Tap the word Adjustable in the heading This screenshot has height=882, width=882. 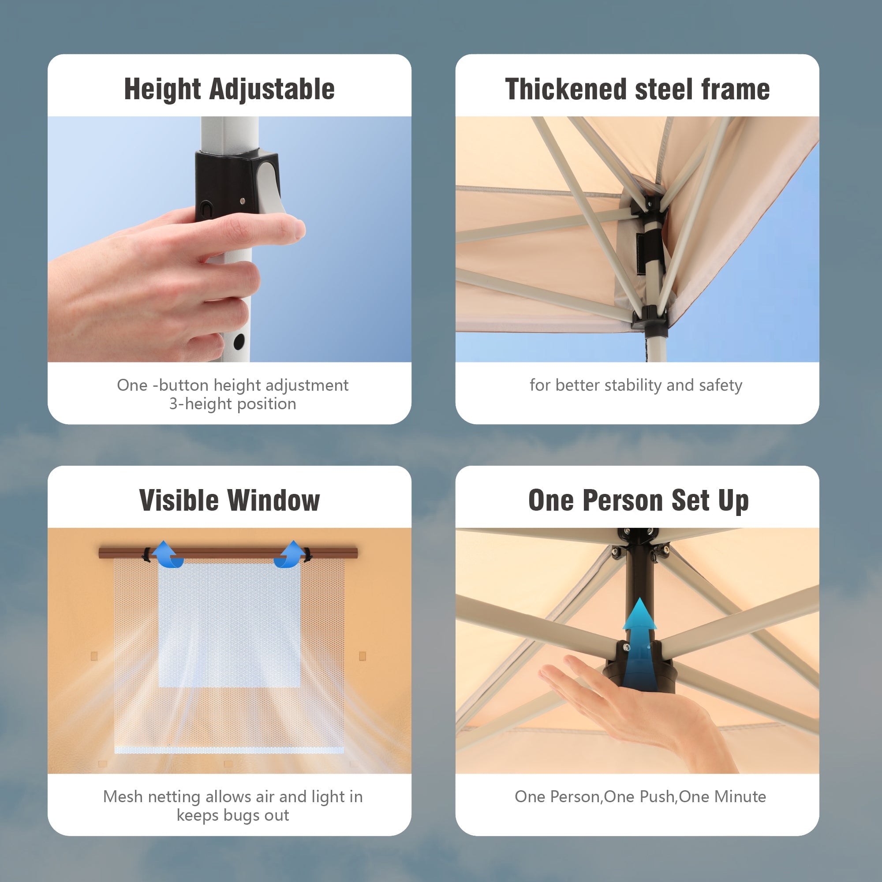[x=272, y=90]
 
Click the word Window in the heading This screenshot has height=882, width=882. [x=274, y=500]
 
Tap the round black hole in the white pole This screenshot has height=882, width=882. [x=239, y=341]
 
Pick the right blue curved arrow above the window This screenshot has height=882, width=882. [x=289, y=554]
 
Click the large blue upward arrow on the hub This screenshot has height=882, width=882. [x=640, y=644]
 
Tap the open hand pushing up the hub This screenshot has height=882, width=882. [x=639, y=712]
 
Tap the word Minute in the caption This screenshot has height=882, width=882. [x=740, y=796]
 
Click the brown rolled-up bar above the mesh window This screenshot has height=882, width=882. [x=228, y=553]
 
